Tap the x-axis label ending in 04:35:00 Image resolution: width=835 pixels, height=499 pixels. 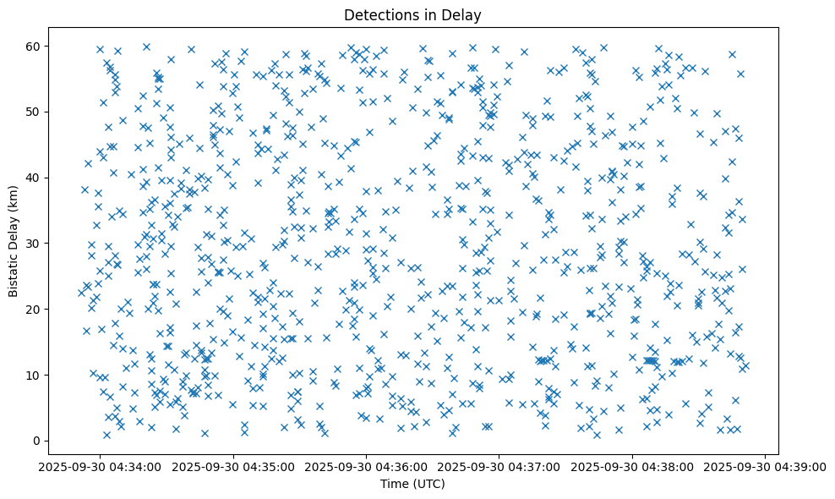point(233,466)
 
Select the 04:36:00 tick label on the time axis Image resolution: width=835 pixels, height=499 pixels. point(366,466)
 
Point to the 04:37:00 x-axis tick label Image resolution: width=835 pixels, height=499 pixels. point(499,466)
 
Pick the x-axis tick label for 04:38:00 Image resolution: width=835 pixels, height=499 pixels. point(632,466)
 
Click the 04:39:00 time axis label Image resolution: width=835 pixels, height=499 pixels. point(766,466)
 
